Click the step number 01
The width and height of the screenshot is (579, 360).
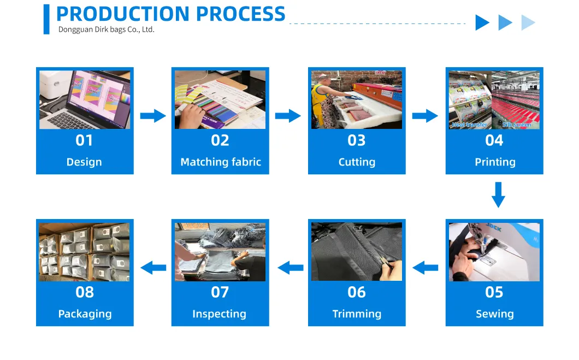point(84,141)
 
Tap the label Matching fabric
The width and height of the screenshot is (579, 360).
point(221,162)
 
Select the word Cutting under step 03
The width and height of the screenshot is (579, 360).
point(357,162)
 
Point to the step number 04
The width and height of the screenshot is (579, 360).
point(494,141)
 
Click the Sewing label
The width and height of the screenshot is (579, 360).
point(494,314)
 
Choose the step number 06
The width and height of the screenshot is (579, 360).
point(357,293)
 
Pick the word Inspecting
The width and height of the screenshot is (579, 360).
point(219,314)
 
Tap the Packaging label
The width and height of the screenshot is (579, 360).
point(85,314)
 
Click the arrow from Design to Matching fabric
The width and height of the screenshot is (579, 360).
point(153,116)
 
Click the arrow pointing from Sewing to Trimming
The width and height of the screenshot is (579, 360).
point(425,268)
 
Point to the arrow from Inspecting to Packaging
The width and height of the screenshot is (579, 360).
point(153,268)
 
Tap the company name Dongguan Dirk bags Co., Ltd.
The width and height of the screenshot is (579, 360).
point(107,29)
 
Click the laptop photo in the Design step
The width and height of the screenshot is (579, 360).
point(85,99)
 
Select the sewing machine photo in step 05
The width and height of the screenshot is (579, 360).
point(494,252)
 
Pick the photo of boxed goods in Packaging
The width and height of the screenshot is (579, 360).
point(85,252)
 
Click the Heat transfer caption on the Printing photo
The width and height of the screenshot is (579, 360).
point(469,125)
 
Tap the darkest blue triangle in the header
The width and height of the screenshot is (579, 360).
point(482,22)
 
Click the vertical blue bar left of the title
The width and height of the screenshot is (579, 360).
point(46,19)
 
